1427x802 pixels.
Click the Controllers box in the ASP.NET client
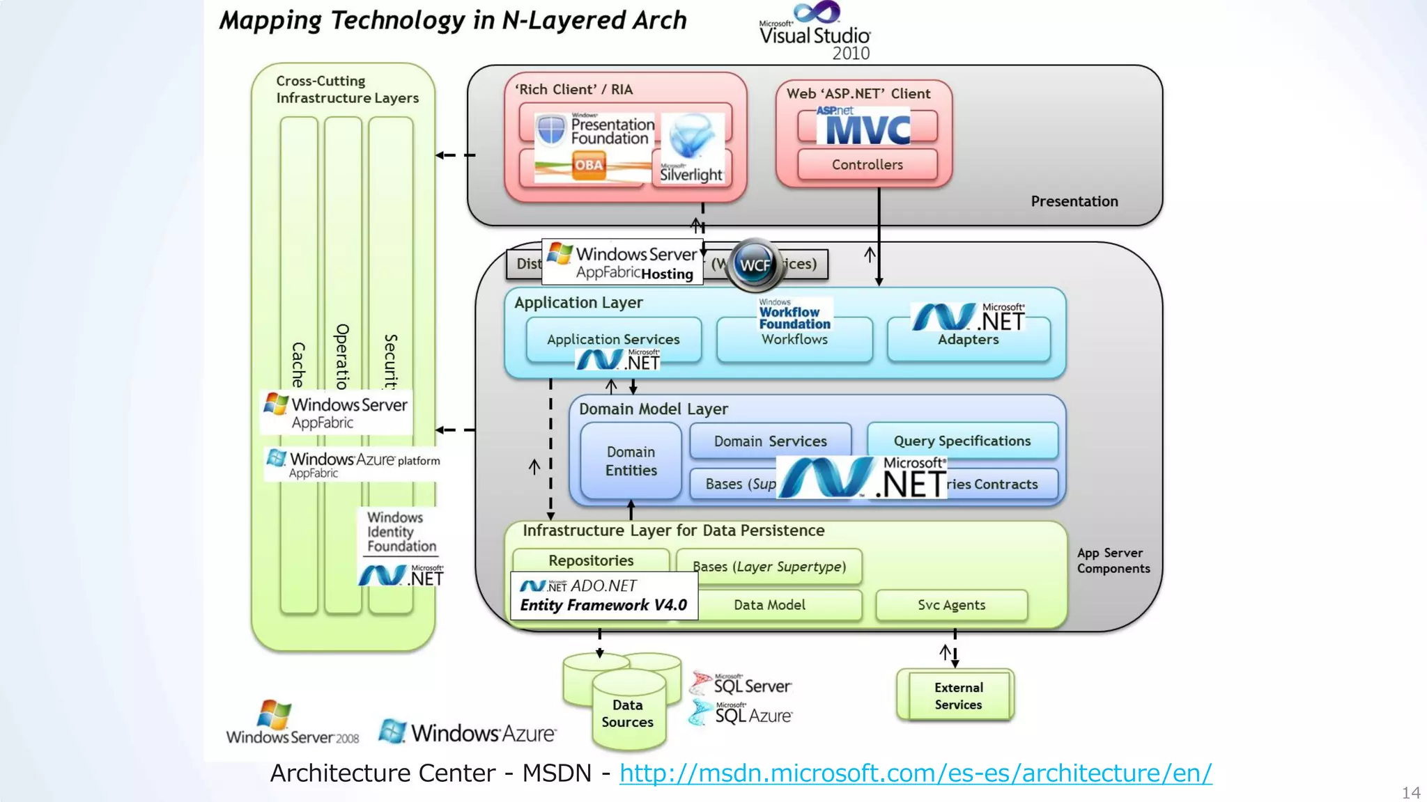tap(867, 165)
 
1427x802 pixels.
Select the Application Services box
tap(613, 339)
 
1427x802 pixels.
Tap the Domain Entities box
tap(631, 461)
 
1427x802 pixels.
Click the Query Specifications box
tap(962, 441)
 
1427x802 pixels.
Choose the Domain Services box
tap(770, 441)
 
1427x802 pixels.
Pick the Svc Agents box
tap(951, 605)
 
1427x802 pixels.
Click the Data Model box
tap(769, 605)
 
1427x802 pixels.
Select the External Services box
tap(958, 695)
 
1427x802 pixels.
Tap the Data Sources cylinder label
tap(627, 714)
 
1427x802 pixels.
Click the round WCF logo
tap(755, 265)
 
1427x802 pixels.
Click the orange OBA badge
tap(589, 166)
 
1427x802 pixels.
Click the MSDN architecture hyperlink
tap(915, 773)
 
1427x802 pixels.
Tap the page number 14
tap(1411, 792)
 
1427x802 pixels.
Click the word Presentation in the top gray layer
tap(1074, 201)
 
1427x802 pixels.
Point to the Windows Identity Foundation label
tap(401, 532)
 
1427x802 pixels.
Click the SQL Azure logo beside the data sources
tap(741, 714)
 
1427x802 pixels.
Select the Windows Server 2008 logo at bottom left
tap(292, 724)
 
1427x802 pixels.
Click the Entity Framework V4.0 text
tap(603, 605)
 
